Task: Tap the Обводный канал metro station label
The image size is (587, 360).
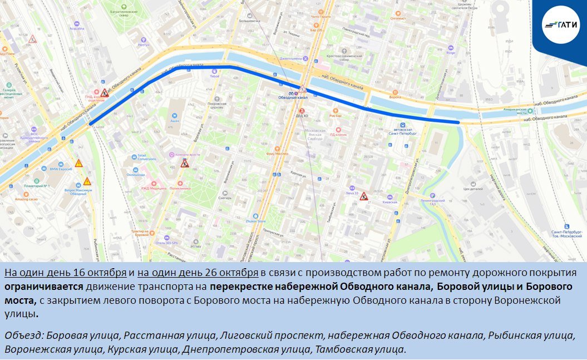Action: click(293, 97)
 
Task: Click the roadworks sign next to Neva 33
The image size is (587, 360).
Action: click(364, 196)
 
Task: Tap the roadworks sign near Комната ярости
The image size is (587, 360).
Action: click(184, 163)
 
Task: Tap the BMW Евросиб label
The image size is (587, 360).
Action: click(61, 169)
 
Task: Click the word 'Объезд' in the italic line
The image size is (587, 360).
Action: click(23, 336)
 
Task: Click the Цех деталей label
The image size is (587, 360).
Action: click(473, 189)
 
